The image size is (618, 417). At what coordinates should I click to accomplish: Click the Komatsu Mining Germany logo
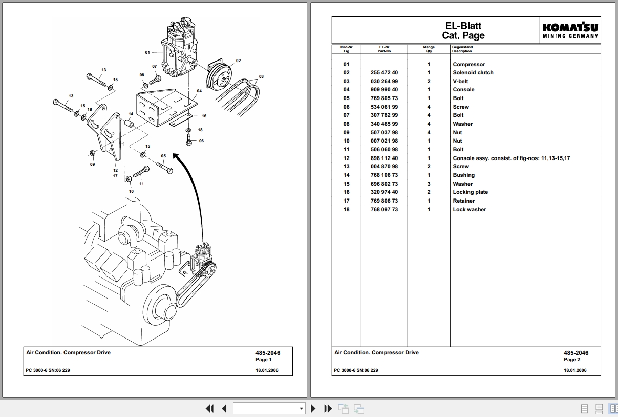tap(570, 30)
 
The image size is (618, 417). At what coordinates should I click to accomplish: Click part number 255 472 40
tap(384, 73)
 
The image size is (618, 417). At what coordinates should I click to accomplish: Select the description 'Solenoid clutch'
tap(473, 73)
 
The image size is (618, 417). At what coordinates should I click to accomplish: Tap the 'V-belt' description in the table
tap(460, 81)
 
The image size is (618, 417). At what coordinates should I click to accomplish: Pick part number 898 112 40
tap(384, 158)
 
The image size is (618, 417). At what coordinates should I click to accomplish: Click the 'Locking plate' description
tap(470, 192)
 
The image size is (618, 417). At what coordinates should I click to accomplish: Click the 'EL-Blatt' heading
tap(463, 26)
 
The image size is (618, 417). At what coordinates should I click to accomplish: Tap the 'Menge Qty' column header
tap(429, 49)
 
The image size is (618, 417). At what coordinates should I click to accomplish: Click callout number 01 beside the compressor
tap(147, 52)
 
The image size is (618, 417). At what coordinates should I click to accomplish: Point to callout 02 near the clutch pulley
tap(238, 61)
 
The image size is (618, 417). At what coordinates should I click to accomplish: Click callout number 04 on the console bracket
tap(199, 91)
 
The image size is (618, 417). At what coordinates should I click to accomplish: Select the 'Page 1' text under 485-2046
tap(263, 360)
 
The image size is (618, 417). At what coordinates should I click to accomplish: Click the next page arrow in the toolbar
tap(313, 408)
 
